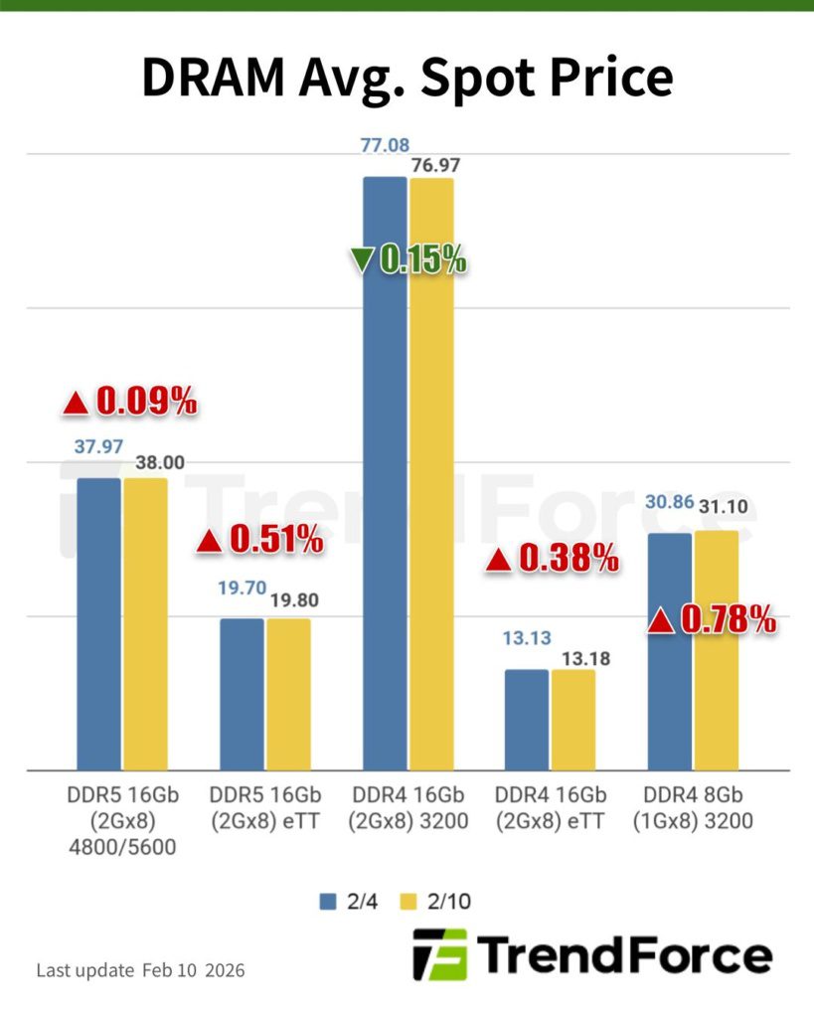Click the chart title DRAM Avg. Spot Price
(407, 78)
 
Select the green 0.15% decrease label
(407, 259)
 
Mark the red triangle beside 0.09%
(76, 403)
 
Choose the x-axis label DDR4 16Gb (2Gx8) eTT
(552, 809)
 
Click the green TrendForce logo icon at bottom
(438, 955)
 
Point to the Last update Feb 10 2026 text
(140, 969)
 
